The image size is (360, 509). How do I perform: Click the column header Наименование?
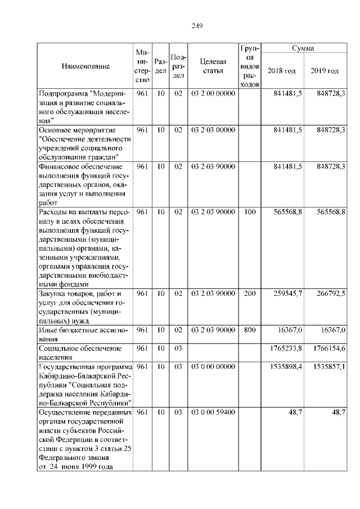click(x=85, y=66)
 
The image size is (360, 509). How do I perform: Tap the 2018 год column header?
click(x=282, y=71)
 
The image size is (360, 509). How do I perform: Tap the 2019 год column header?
click(x=325, y=71)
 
